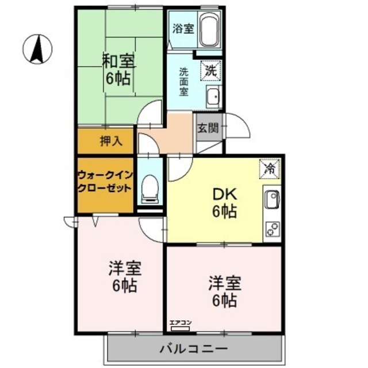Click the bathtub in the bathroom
click(209, 31)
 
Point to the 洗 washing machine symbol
click(209, 72)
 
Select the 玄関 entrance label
click(208, 128)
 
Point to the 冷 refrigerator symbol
click(269, 168)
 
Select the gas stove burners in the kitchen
click(271, 229)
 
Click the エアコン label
click(181, 323)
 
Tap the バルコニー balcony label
click(194, 348)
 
